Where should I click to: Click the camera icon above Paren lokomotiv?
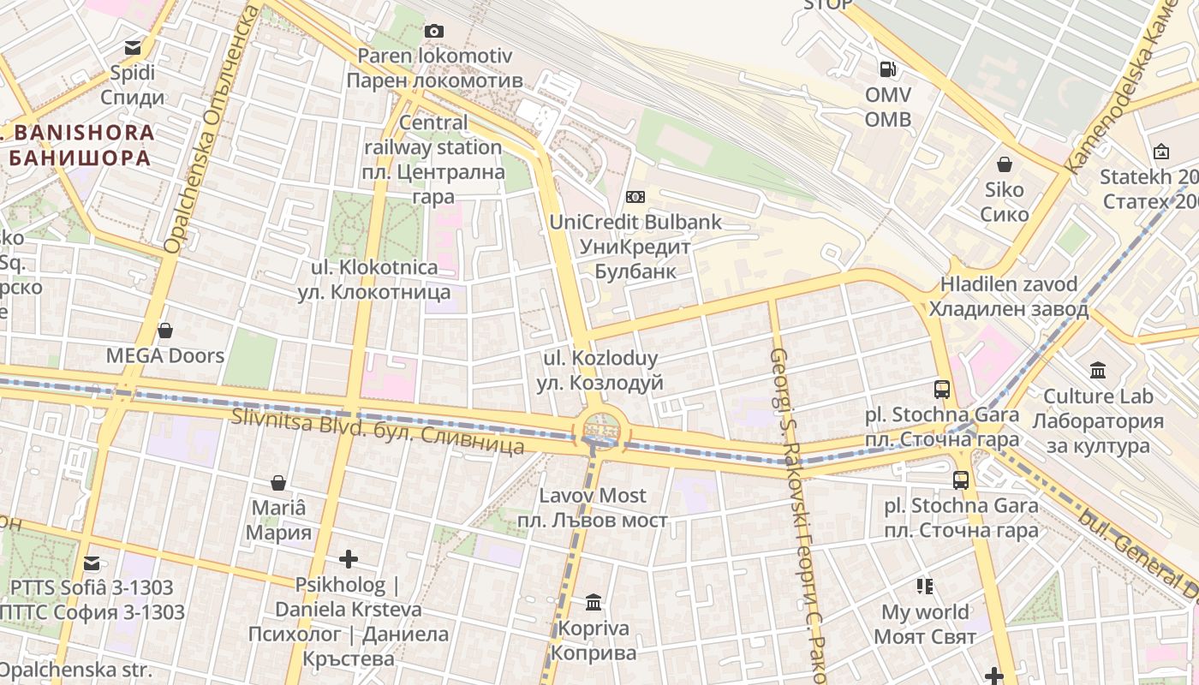[434, 32]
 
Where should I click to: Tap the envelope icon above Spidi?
[133, 48]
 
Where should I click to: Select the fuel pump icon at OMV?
[888, 68]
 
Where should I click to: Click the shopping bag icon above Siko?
[1005, 164]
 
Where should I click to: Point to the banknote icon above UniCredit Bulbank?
[635, 197]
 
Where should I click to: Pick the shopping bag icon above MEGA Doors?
[165, 331]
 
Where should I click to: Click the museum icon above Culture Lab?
[1098, 371]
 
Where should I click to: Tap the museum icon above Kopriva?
[594, 603]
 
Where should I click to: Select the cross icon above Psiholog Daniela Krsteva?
[349, 560]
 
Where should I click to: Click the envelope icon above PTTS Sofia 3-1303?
[92, 563]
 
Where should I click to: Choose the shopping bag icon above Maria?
[277, 483]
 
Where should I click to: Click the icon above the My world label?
[925, 587]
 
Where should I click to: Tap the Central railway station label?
[433, 159]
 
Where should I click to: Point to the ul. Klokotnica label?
[374, 280]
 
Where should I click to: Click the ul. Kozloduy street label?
[600, 370]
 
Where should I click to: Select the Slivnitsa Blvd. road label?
[378, 432]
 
